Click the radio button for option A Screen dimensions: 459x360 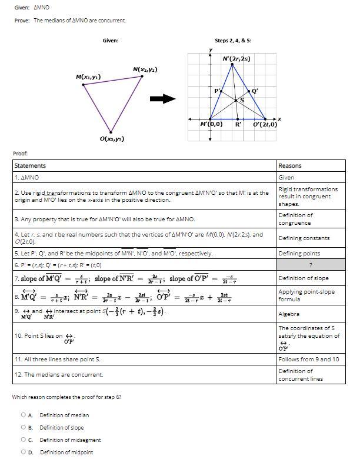click(x=24, y=415)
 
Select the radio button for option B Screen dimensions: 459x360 click(x=24, y=428)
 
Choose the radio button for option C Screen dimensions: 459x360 click(x=24, y=440)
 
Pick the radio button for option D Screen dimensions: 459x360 click(x=24, y=453)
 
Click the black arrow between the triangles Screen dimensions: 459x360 click(x=164, y=99)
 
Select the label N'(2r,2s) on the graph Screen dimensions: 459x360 click(x=236, y=59)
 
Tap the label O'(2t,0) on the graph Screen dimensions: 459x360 click(x=265, y=125)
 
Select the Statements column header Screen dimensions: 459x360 click(x=30, y=166)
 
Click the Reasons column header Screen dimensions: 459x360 click(x=290, y=166)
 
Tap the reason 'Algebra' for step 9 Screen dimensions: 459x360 click(x=289, y=314)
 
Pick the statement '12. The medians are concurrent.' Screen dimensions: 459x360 click(x=58, y=374)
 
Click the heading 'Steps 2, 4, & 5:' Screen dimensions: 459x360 click(x=233, y=41)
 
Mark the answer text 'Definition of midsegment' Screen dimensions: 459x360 click(x=70, y=440)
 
